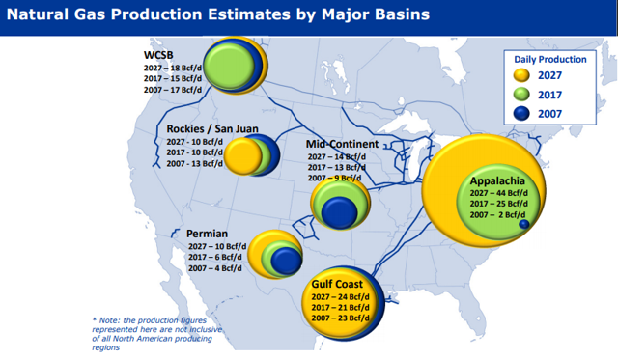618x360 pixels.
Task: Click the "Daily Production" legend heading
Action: (548, 59)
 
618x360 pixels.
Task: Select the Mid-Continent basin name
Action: (341, 144)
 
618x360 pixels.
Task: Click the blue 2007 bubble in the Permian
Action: (285, 261)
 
